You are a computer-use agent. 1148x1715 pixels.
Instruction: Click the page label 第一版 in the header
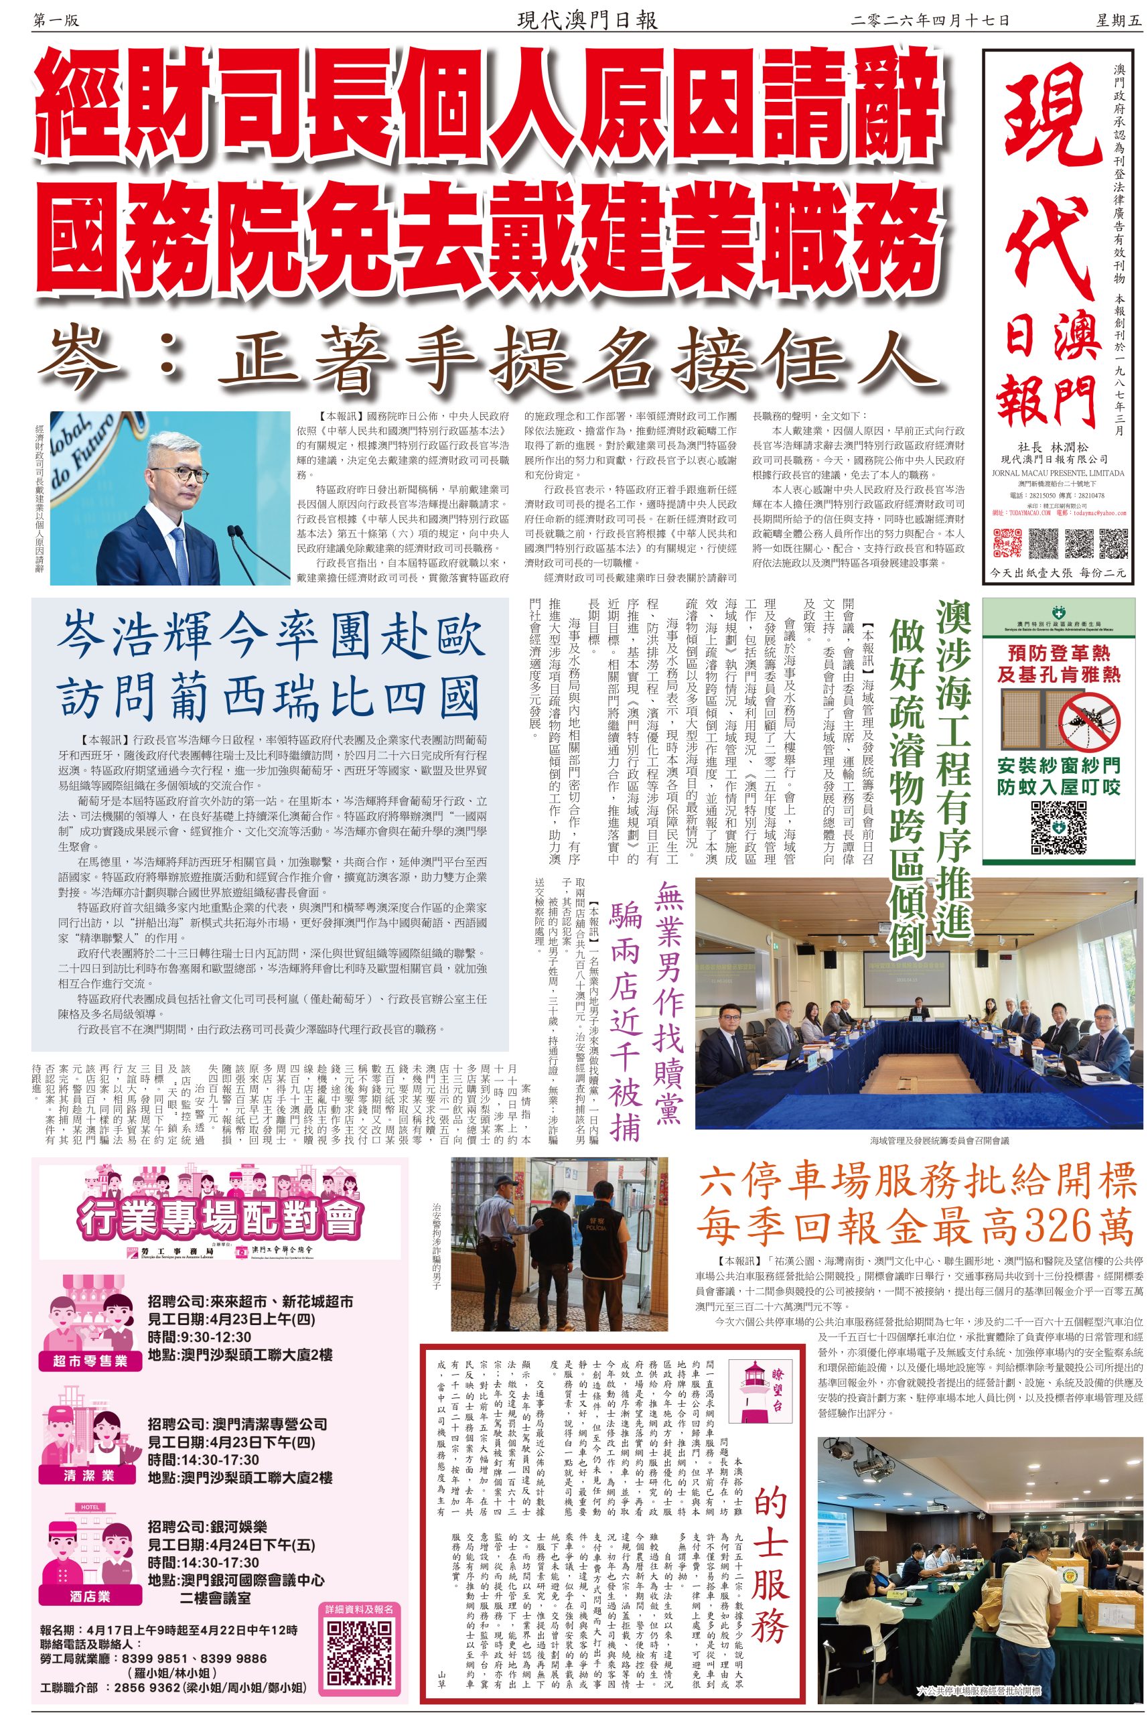[x=56, y=21]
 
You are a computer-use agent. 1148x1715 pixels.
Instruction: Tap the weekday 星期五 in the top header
[x=1118, y=21]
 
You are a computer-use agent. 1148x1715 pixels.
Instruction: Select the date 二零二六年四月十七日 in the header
[x=930, y=21]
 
